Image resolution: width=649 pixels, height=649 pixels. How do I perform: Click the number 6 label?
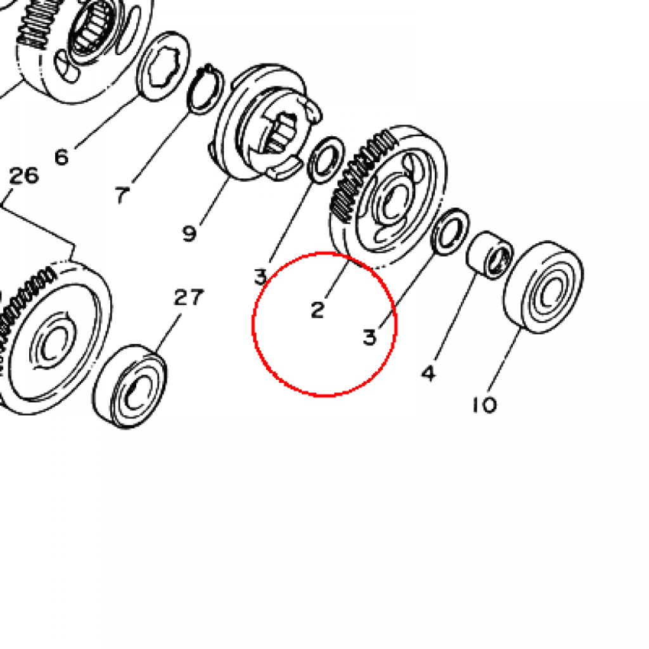61,157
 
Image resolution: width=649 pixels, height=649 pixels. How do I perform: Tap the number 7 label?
122,195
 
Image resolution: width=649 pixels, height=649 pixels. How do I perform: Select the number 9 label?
189,234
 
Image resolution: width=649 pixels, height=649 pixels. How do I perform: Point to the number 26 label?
24,176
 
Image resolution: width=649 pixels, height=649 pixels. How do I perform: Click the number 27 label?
189,297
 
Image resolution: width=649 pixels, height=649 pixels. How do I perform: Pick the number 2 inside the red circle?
318,310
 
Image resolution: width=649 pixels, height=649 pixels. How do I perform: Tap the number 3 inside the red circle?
369,337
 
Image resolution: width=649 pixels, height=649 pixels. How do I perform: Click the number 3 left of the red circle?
260,277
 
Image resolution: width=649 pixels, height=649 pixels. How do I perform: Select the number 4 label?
429,373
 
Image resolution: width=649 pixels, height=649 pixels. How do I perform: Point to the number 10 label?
485,405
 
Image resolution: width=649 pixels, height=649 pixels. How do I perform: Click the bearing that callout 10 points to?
543,287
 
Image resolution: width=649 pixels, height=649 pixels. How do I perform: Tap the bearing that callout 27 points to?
129,387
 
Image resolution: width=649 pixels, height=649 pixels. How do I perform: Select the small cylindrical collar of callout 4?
490,255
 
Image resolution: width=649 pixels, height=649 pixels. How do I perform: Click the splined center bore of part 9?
280,132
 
